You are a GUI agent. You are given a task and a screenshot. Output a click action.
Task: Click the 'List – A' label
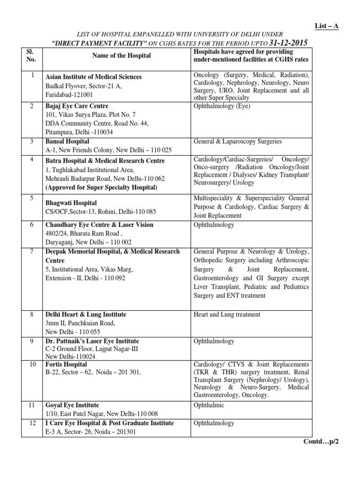point(326,26)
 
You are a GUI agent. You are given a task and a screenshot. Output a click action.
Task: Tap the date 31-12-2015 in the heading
point(281,43)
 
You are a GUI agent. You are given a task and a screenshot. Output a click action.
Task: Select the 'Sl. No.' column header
point(31,56)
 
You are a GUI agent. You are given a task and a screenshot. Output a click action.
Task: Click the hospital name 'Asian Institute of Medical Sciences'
point(93,77)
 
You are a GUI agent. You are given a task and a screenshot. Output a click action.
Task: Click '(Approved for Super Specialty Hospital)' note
point(101,187)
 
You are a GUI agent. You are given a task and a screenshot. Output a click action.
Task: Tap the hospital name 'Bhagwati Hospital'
point(71,203)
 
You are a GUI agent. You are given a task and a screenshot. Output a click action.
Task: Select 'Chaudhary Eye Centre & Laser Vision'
point(99,225)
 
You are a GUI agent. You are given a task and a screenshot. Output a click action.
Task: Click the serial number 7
point(31,252)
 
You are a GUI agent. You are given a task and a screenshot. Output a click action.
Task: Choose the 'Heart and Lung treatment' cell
point(226,315)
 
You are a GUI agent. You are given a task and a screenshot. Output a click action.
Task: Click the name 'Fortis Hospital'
point(66,364)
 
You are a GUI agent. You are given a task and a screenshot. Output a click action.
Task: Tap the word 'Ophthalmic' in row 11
point(209,405)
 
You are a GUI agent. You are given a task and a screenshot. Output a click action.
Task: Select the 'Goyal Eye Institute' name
point(72,405)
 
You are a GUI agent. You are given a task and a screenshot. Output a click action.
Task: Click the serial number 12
point(31,423)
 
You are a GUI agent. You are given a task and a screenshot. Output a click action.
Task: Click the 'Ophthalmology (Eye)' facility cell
point(222,106)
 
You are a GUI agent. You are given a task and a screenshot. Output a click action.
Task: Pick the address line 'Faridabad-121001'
point(70,95)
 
